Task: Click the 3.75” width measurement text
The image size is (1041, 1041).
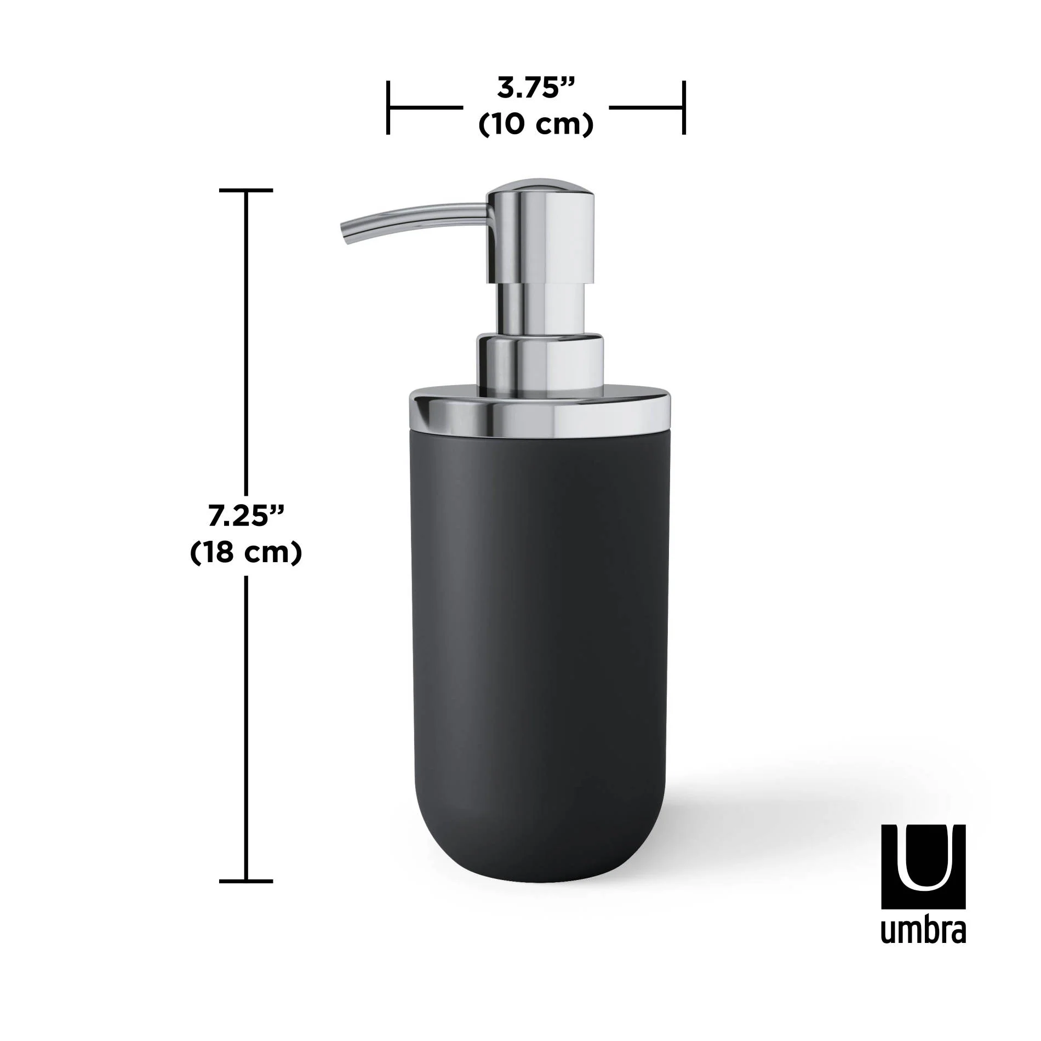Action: pyautogui.click(x=535, y=88)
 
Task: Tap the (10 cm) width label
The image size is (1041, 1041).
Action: pyautogui.click(x=535, y=125)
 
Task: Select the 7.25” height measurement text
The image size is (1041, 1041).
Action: pyautogui.click(x=245, y=516)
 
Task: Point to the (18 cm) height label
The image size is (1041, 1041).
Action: pyautogui.click(x=245, y=553)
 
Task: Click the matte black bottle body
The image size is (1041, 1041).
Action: pyautogui.click(x=540, y=630)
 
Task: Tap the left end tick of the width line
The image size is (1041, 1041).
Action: pyautogui.click(x=388, y=107)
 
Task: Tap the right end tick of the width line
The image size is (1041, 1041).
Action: pyautogui.click(x=684, y=107)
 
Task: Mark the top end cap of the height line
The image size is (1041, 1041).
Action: pyautogui.click(x=245, y=191)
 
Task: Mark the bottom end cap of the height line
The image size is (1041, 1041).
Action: pyautogui.click(x=245, y=882)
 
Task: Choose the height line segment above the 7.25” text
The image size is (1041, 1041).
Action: pyautogui.click(x=245, y=340)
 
